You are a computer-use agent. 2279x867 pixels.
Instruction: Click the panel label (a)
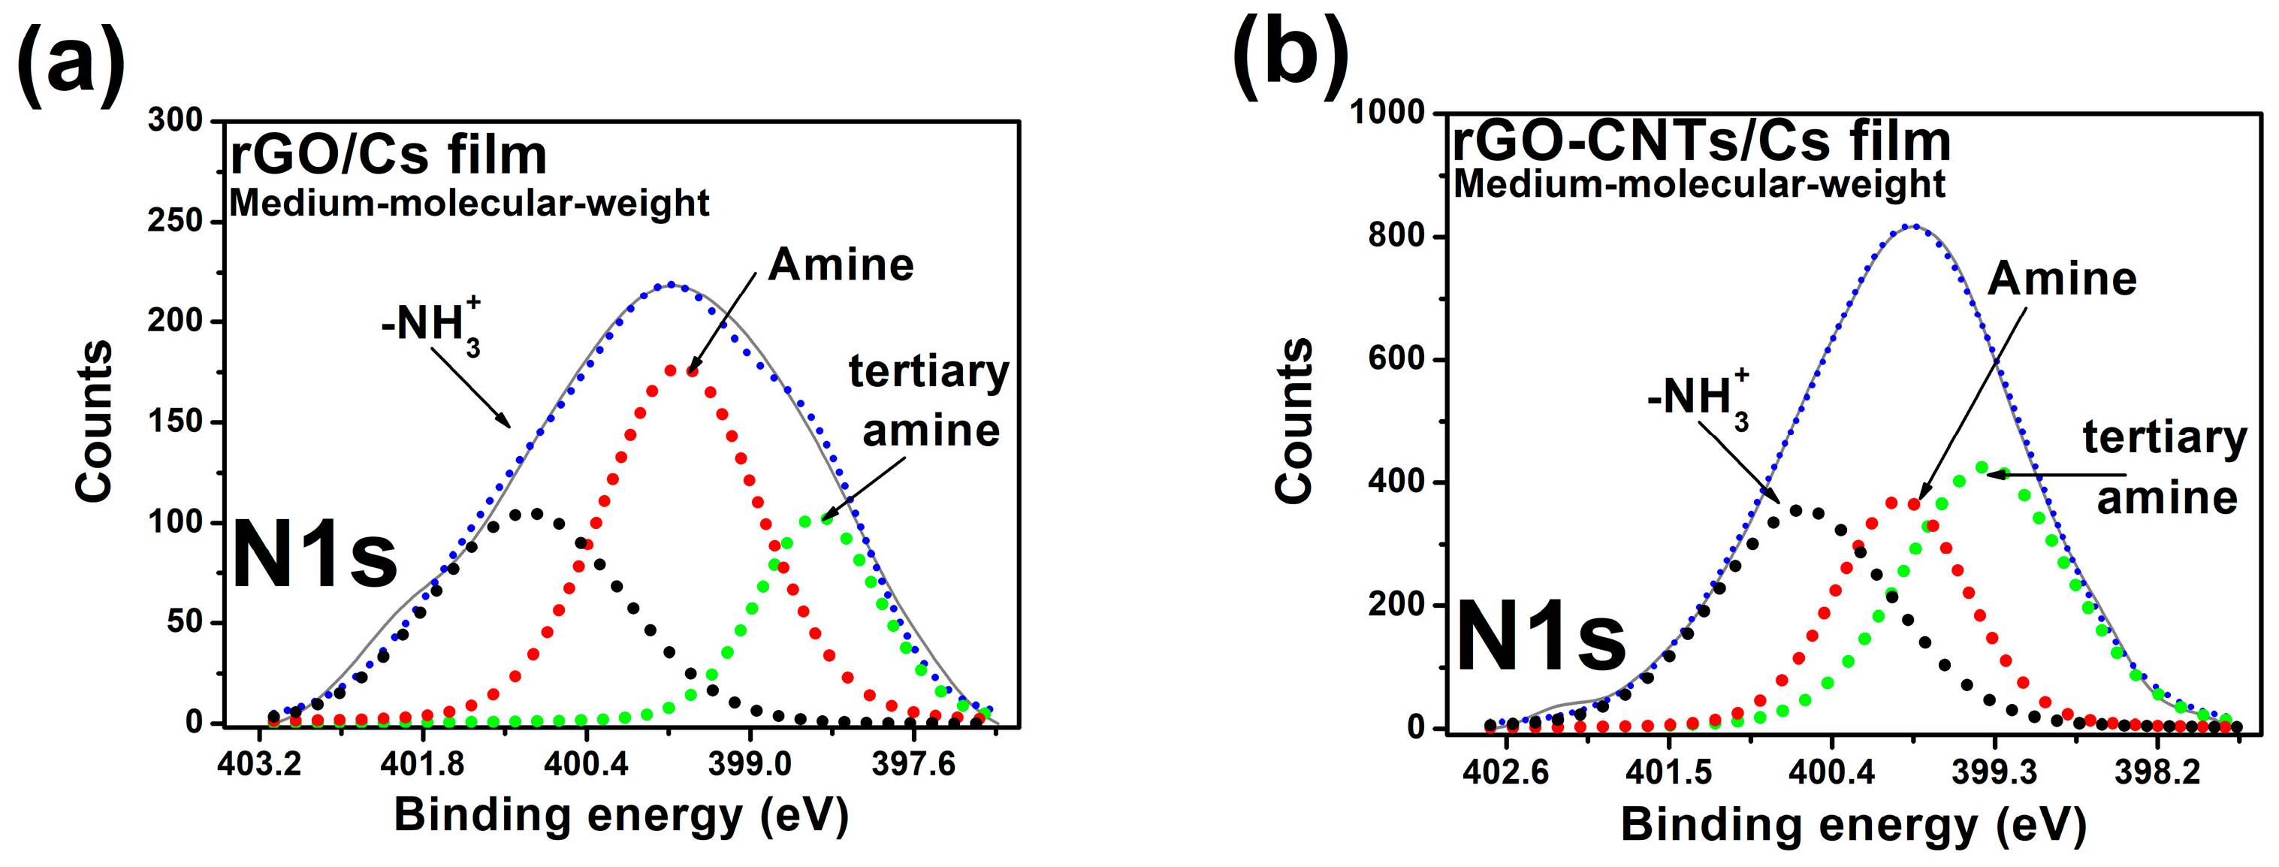point(71,65)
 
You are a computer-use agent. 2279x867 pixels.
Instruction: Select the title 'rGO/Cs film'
point(388,156)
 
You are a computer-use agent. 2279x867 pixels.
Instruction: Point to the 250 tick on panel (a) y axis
point(175,220)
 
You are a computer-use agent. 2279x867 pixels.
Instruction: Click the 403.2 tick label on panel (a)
point(259,763)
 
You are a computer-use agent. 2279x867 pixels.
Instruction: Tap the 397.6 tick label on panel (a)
point(914,763)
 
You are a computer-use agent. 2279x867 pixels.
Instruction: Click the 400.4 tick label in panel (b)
point(1831,772)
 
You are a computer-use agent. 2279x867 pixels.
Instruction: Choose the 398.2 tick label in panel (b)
point(2157,772)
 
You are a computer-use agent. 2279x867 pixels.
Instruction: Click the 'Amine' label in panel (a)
point(841,264)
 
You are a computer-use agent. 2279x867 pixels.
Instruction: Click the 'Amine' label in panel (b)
point(2061,279)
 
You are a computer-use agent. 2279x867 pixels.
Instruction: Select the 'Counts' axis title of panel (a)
point(94,421)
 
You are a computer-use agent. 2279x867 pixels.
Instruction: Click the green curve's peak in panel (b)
point(1982,467)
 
